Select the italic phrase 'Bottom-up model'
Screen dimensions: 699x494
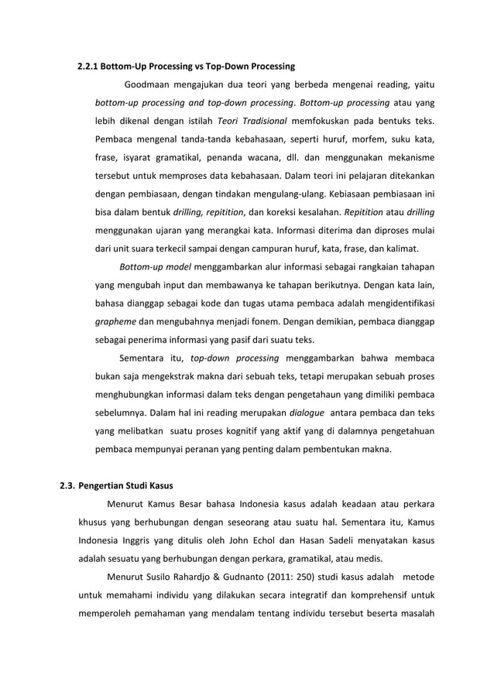point(155,267)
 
